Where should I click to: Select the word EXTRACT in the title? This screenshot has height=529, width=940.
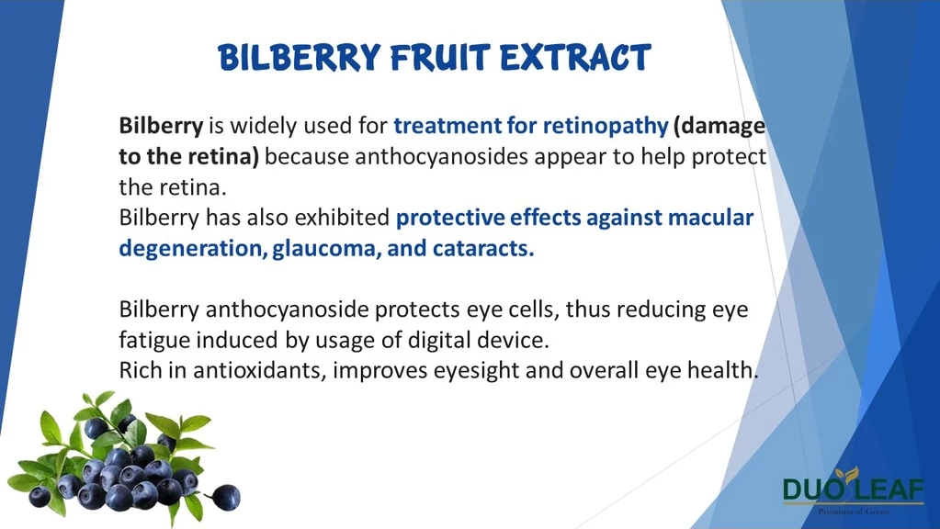(x=575, y=58)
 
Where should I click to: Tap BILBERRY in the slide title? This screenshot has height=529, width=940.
(x=300, y=58)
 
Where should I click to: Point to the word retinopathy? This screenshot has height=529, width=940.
(x=606, y=127)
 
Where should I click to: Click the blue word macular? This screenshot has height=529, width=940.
(x=711, y=218)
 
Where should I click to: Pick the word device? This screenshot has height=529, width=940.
(x=514, y=341)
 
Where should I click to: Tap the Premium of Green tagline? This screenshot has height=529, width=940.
(x=854, y=511)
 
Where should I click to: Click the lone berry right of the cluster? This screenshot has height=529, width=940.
(x=226, y=497)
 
